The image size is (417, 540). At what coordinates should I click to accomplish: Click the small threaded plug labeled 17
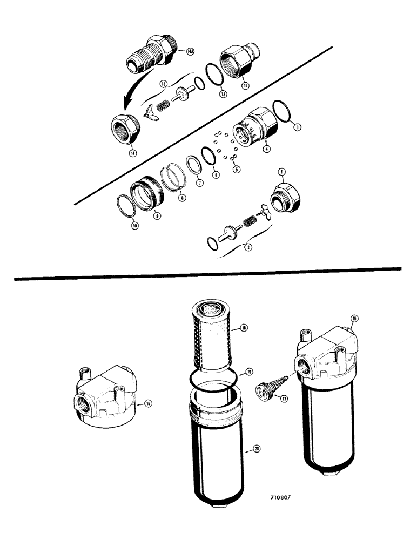(263, 389)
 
